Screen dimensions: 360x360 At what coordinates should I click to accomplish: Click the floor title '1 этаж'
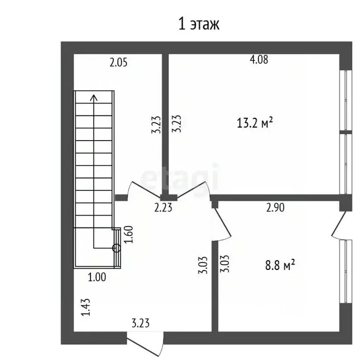tap(199, 24)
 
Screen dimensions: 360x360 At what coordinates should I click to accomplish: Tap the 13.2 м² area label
tap(255, 123)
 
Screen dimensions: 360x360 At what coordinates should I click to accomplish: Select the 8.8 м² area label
tap(280, 265)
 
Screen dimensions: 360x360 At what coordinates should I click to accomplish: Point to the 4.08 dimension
tap(259, 60)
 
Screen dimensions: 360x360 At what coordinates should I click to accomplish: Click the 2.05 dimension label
tap(118, 62)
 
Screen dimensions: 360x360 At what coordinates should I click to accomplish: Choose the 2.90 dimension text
tap(275, 207)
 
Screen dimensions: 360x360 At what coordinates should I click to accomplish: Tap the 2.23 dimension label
tap(163, 208)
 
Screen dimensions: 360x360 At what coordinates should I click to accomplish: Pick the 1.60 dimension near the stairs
tap(128, 234)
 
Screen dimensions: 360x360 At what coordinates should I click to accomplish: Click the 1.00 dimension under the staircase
tap(97, 277)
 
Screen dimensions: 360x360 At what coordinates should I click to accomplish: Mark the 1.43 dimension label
tap(86, 307)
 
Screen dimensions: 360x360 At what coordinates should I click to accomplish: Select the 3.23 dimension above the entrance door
tap(141, 323)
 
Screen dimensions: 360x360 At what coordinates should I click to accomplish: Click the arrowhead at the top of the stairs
tap(94, 97)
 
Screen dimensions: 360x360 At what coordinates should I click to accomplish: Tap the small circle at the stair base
tap(116, 248)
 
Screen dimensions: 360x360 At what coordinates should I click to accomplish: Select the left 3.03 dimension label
tap(203, 265)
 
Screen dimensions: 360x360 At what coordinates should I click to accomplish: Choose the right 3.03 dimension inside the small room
tap(225, 263)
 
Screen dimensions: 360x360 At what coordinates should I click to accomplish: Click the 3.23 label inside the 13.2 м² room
tap(177, 124)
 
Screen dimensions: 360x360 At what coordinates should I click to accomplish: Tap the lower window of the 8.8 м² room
tap(345, 271)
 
